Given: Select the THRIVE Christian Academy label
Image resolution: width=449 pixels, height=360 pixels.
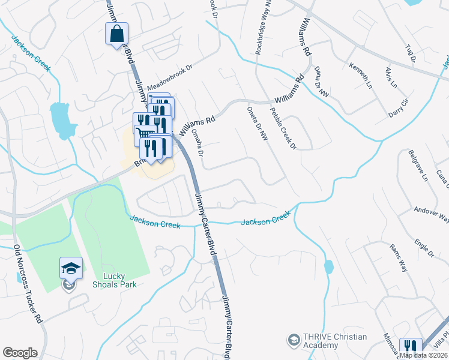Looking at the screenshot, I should tap(335, 341).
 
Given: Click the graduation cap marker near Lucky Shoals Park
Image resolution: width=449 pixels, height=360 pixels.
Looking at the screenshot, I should tap(71, 269).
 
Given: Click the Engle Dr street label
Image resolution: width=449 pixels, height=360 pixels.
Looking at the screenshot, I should tap(424, 246).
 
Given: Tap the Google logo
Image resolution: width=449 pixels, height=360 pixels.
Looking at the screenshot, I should tap(20, 353).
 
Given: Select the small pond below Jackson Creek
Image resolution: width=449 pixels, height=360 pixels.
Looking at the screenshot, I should tap(329, 266).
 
